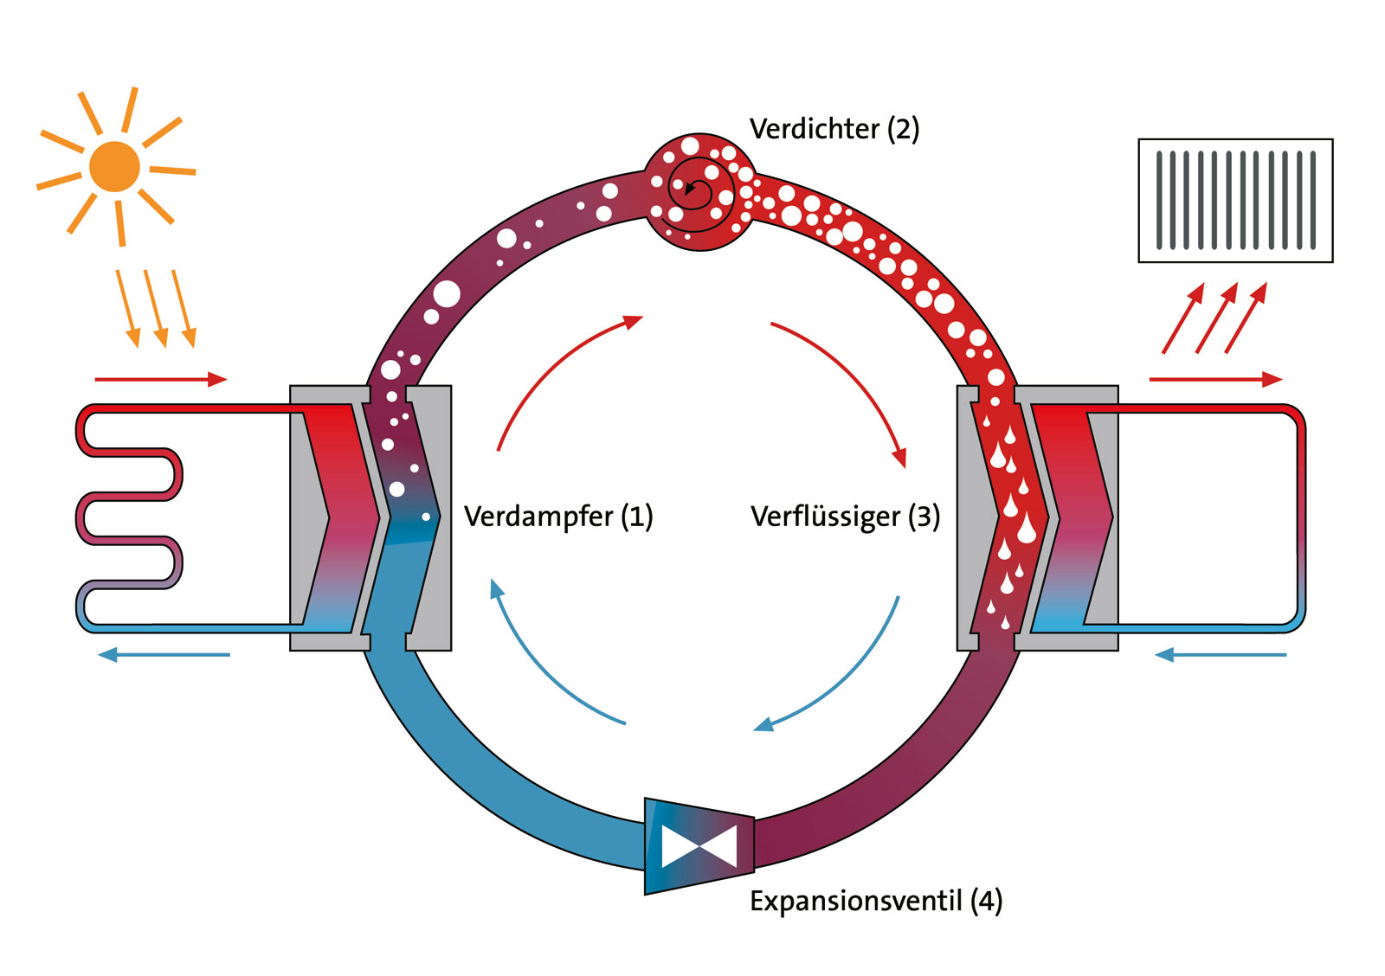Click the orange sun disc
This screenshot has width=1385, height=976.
114,166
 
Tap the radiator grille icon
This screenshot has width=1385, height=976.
1235,200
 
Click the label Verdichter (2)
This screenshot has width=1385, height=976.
834,129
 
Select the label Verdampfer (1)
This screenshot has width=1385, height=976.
558,517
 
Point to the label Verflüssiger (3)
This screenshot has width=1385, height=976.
845,517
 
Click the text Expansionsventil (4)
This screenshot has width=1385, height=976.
875,901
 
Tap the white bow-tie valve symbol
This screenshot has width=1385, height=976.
699,846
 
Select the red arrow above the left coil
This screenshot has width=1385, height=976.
160,379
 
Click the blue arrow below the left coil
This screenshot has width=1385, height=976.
164,655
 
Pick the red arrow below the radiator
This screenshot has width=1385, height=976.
1215,379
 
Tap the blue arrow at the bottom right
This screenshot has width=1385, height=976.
1221,655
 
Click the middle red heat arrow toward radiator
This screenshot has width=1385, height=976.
1216,318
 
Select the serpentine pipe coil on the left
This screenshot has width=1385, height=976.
130,516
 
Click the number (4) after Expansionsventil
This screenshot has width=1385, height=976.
987,901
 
